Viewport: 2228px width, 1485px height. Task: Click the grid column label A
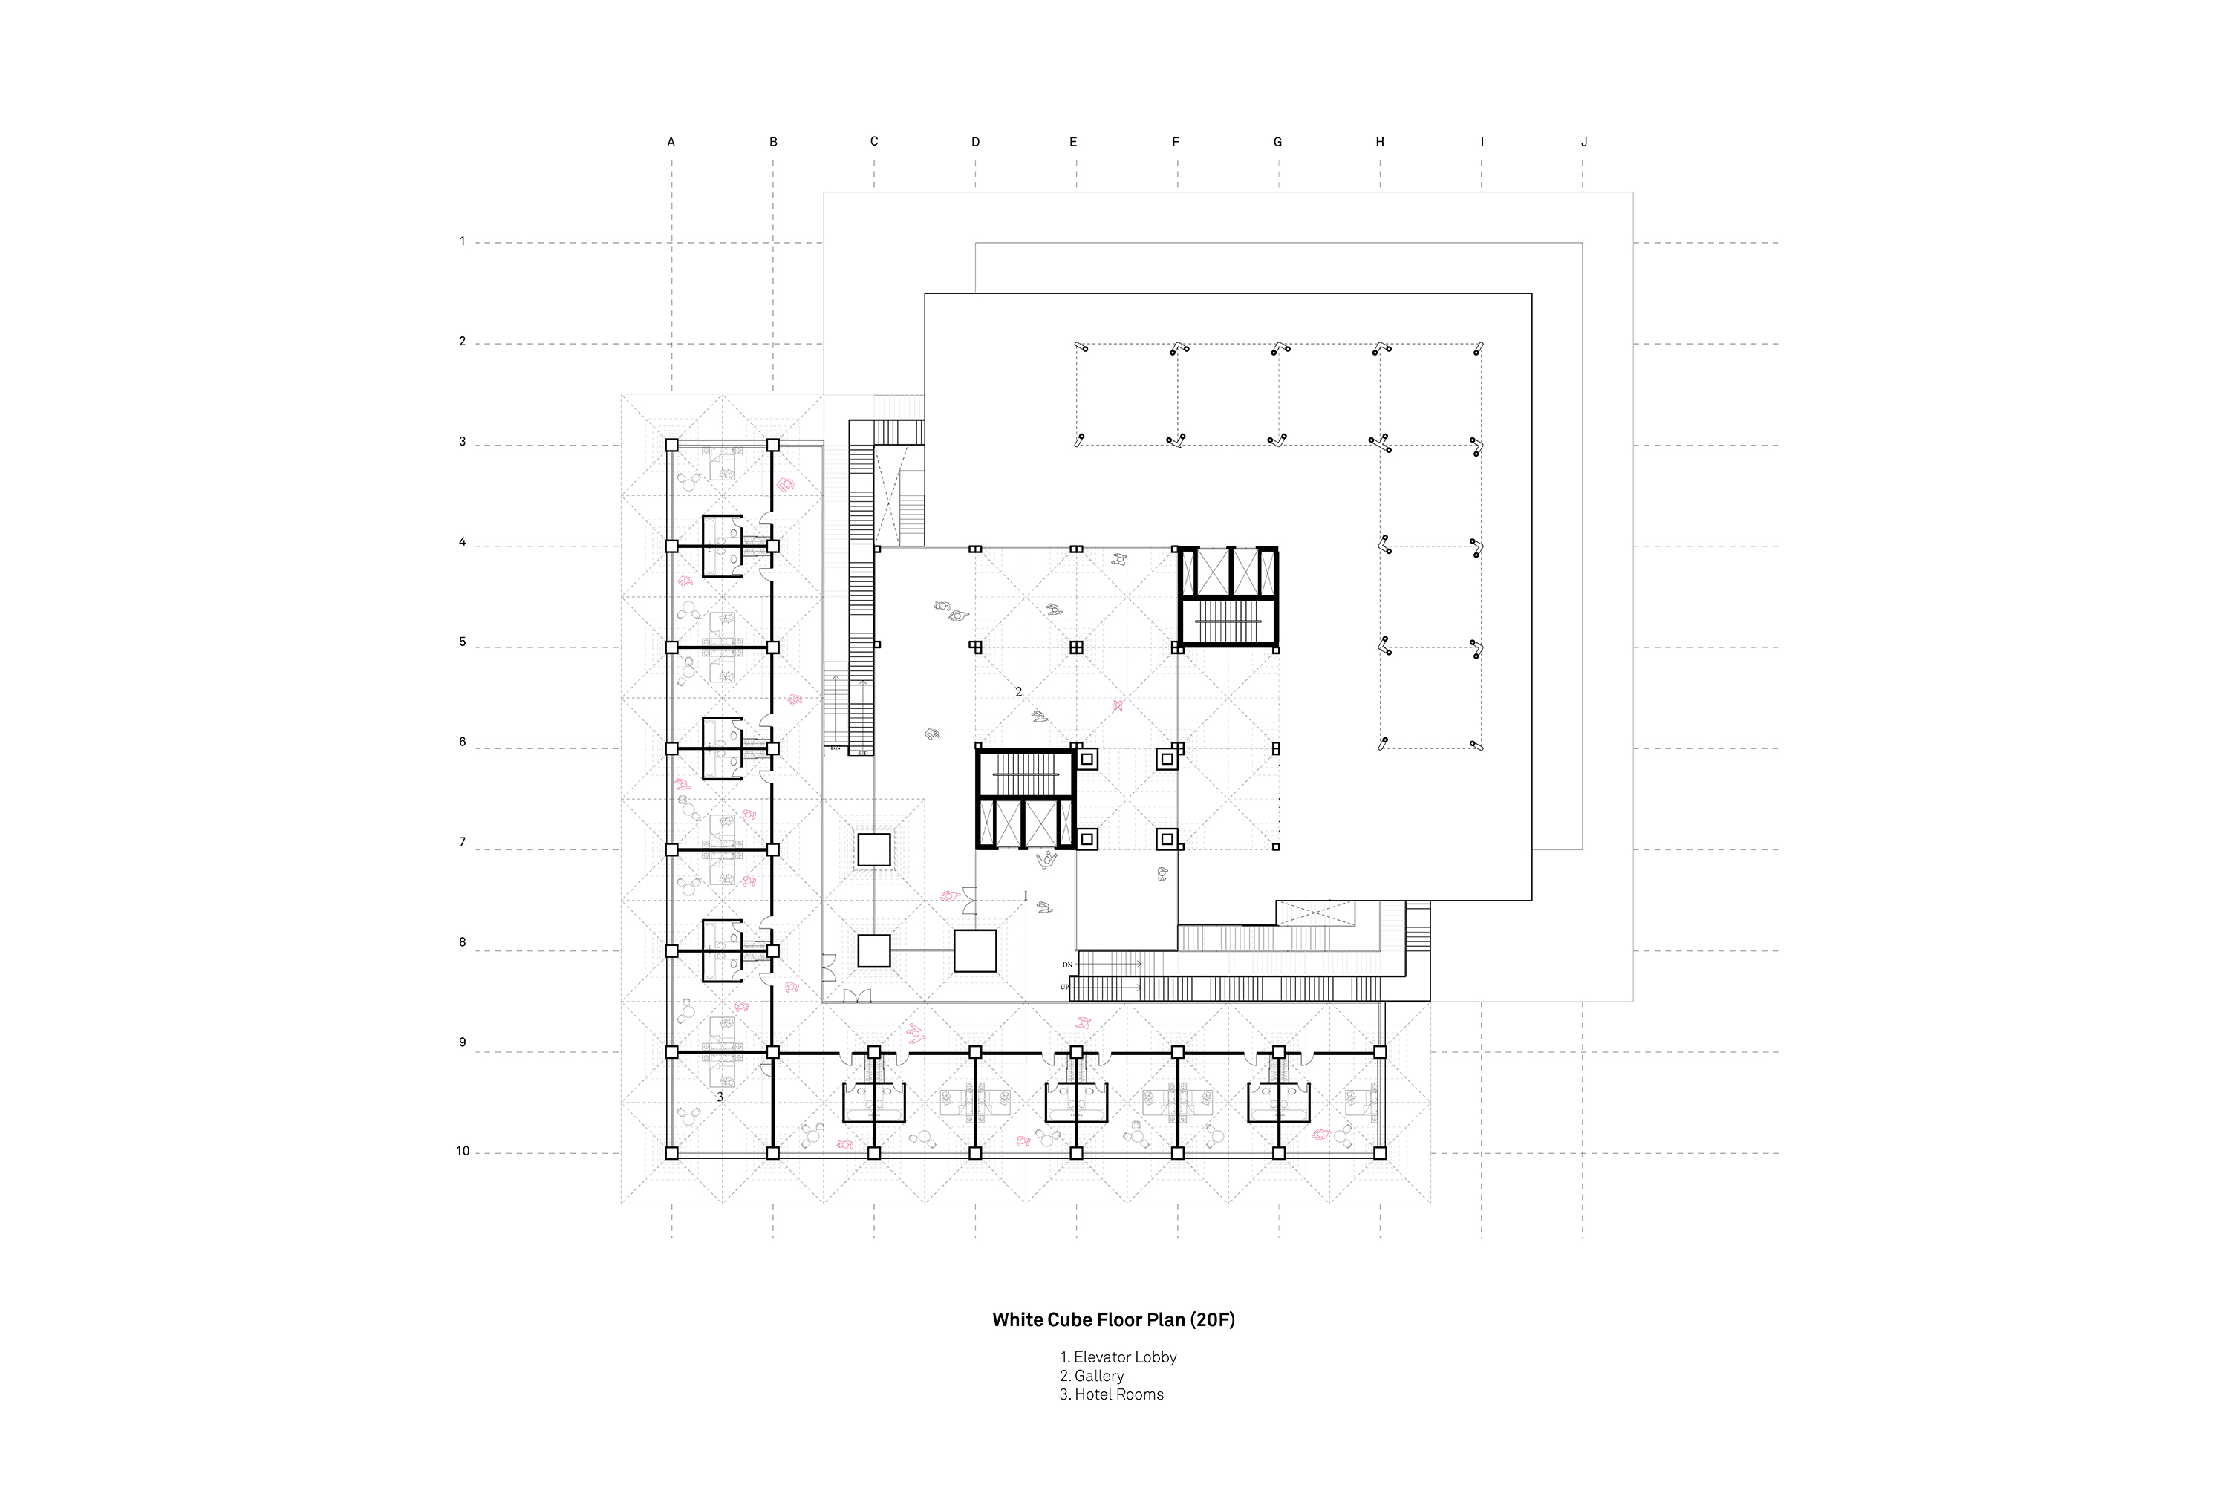(x=671, y=142)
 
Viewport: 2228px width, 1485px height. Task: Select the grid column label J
(x=1584, y=142)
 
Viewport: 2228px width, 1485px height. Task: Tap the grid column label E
(x=1073, y=142)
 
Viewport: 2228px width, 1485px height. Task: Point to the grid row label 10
(x=462, y=1152)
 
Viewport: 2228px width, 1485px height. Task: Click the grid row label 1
(x=462, y=241)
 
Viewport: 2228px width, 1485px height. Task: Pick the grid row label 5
(x=462, y=642)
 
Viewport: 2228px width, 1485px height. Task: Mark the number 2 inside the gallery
(x=1019, y=692)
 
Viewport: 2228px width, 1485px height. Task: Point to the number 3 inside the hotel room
(x=720, y=1097)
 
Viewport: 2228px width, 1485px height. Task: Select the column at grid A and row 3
(x=671, y=445)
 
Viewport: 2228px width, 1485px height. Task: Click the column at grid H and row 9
(x=1380, y=1052)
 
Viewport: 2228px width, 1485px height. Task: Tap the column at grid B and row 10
(x=773, y=1154)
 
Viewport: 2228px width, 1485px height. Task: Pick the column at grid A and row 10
(x=671, y=1154)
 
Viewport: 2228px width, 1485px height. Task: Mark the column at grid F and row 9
(x=1177, y=1052)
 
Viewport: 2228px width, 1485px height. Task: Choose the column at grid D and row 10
(x=976, y=1154)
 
